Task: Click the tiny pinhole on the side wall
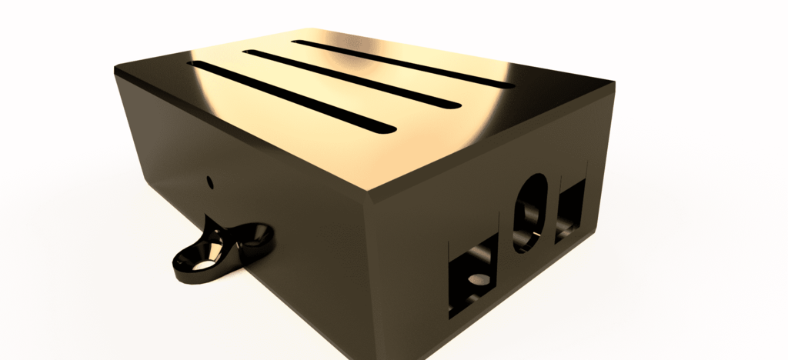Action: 211,182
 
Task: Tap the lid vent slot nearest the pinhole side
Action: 292,96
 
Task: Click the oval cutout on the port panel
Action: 530,213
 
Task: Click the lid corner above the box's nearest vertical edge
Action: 368,192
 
